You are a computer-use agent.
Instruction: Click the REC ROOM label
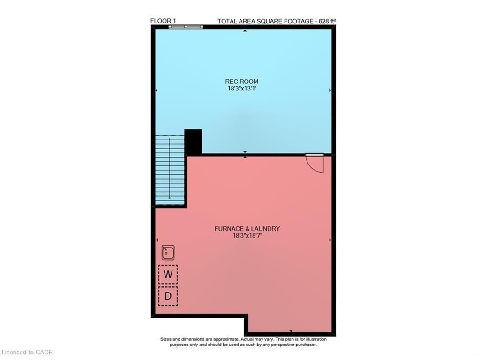tap(241, 82)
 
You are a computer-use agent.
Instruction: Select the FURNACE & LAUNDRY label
tap(247, 229)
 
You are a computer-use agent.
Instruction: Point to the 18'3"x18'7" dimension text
tap(247, 236)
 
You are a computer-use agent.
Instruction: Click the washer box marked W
tap(168, 274)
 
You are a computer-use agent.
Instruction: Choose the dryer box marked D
tap(168, 296)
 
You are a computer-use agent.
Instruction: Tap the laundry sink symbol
tap(168, 253)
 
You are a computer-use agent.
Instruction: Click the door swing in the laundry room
tap(315, 162)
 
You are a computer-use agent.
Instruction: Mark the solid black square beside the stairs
tap(193, 142)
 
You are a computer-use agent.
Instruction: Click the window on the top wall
tap(186, 27)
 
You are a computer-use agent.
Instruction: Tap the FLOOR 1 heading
tap(163, 21)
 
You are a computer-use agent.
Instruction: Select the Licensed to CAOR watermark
tap(28, 352)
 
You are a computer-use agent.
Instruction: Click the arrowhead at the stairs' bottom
tap(170, 197)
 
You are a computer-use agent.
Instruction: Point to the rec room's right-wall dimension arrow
tap(330, 90)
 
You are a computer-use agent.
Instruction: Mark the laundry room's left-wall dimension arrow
tap(157, 240)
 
